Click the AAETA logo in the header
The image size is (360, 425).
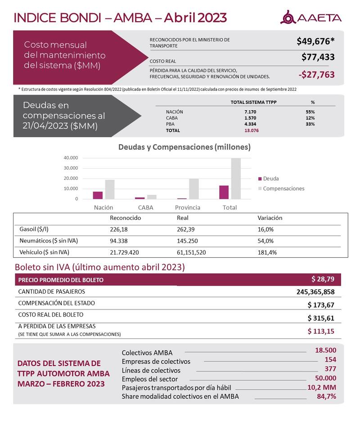(311, 18)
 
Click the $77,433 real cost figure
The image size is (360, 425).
(318, 58)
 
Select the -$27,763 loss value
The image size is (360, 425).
(316, 75)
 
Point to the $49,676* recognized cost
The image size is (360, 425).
(315, 41)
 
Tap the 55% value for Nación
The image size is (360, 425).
(310, 112)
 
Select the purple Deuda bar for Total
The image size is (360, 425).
(224, 192)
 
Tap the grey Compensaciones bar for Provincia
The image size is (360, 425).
(193, 189)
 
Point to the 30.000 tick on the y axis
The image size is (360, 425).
(70, 168)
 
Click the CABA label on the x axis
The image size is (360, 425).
(146, 207)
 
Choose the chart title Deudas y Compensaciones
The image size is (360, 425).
(184, 147)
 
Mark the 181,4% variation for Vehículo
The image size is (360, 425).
(266, 252)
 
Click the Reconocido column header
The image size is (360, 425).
(126, 218)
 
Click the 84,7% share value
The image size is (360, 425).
(325, 396)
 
